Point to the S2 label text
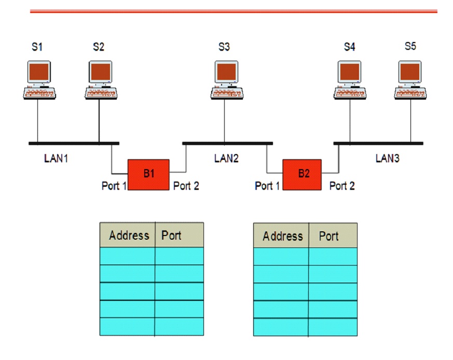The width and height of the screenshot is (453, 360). coord(99,47)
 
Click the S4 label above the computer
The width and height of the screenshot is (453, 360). coord(350,47)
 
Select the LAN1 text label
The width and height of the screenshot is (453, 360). coord(56,158)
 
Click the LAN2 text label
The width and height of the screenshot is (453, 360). coord(226,158)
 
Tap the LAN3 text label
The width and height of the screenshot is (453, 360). coord(388,158)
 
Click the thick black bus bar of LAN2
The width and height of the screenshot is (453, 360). coord(227,143)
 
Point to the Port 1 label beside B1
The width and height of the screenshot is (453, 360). coord(114,186)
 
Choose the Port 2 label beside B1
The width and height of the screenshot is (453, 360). coord(186,186)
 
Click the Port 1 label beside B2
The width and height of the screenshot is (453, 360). coord(267,186)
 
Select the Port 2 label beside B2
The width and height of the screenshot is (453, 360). coord(342,186)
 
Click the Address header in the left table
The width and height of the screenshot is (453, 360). coord(129,236)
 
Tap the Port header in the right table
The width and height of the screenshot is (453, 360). coord(329,237)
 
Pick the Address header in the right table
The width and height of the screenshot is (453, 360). coord(282,237)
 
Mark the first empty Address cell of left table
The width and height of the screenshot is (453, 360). coord(127,256)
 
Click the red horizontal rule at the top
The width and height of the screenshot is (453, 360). coord(234,11)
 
